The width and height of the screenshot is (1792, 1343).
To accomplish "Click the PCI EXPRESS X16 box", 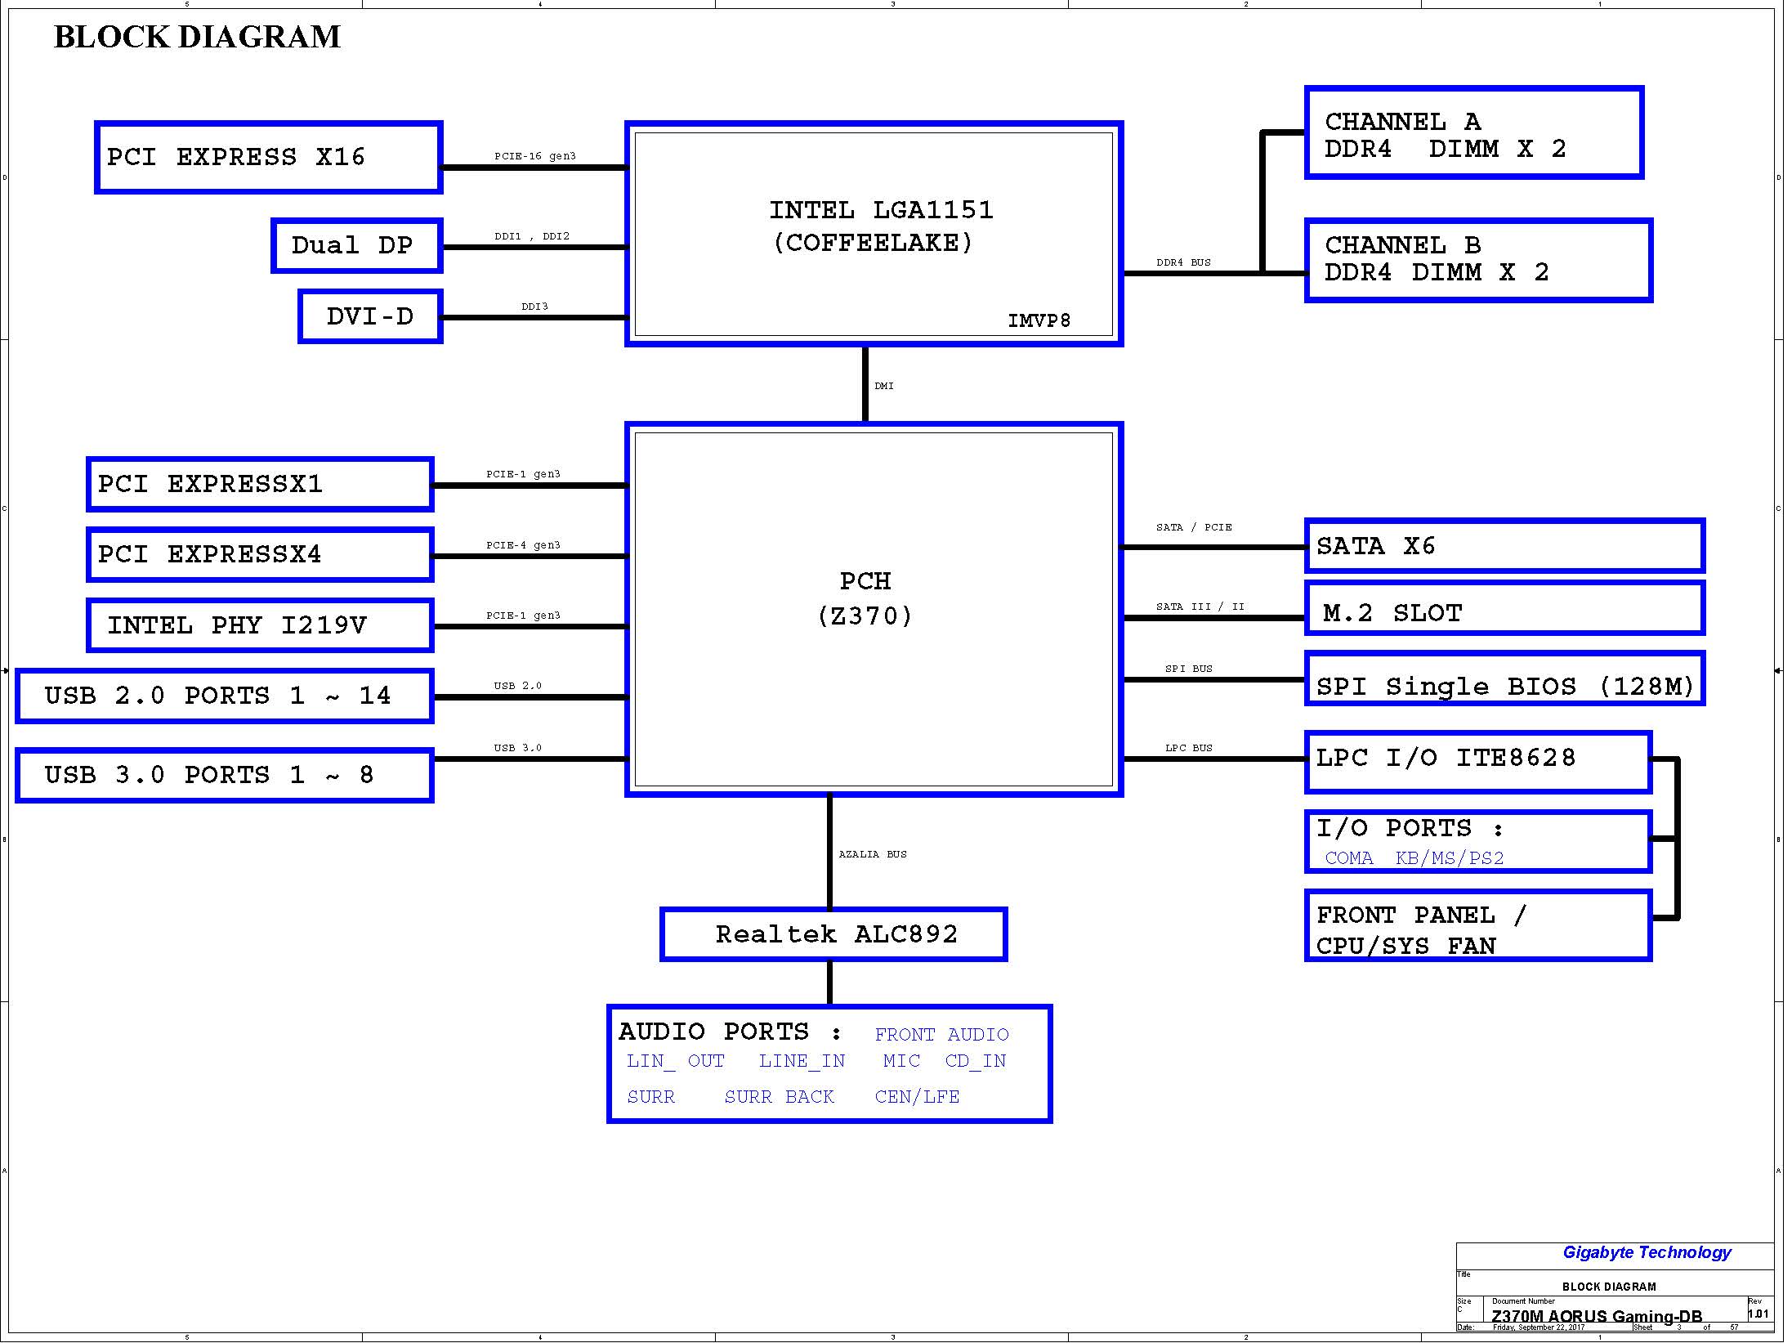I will coord(268,158).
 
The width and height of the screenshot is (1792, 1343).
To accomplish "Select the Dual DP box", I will coord(356,245).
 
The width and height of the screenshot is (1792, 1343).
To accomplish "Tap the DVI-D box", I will coord(369,316).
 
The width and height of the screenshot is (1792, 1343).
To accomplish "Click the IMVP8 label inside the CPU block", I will coord(1039,320).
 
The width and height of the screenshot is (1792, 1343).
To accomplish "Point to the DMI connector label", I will coord(884,386).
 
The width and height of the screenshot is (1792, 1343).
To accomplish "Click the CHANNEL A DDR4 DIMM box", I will coord(1473,132).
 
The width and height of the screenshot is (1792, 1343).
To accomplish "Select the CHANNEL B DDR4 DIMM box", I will coord(1477,260).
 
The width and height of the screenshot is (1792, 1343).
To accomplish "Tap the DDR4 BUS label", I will coord(1183,262).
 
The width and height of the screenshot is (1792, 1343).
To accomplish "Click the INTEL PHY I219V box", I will coord(260,625).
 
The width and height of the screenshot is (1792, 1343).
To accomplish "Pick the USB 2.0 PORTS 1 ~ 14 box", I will coord(224,696).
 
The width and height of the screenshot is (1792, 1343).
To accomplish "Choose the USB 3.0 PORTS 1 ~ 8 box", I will coord(224,775).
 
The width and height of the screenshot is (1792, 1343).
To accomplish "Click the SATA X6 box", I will coord(1504,545).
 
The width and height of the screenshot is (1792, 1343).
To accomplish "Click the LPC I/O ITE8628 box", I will coord(1477,761).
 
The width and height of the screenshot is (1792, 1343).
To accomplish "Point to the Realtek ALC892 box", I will coord(833,934).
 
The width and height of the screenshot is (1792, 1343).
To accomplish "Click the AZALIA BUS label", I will coord(873,854).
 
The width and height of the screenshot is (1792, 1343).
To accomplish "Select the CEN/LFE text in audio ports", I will coord(917,1097).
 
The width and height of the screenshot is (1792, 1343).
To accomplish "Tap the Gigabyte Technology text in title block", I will coord(1647,1252).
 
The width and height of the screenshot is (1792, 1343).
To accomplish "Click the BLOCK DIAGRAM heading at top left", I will coord(197,38).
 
